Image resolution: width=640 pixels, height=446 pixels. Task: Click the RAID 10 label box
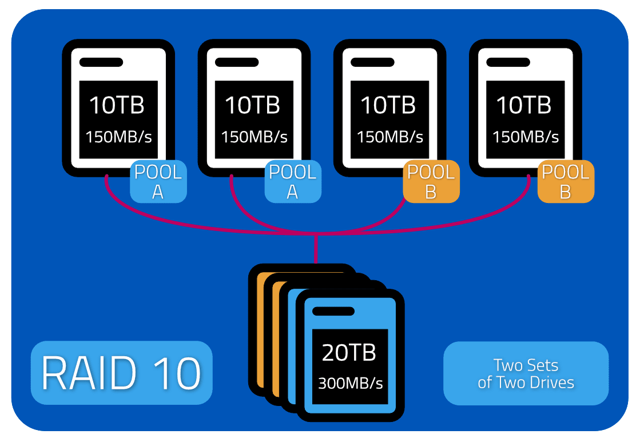pos(121,373)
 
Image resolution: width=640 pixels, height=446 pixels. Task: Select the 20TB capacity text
pos(349,353)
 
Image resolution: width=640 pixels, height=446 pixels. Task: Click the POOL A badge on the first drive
pos(158,182)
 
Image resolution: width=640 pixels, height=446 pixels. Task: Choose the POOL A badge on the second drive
pos(293,182)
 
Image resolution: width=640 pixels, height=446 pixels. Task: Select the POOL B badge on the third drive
pos(431,182)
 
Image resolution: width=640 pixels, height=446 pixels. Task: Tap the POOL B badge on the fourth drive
pos(566,182)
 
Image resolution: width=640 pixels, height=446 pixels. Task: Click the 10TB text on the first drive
pos(117,105)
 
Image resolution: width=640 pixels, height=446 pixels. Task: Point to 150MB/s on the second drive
pos(254,137)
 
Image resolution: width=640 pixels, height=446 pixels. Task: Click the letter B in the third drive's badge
pos(431,192)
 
